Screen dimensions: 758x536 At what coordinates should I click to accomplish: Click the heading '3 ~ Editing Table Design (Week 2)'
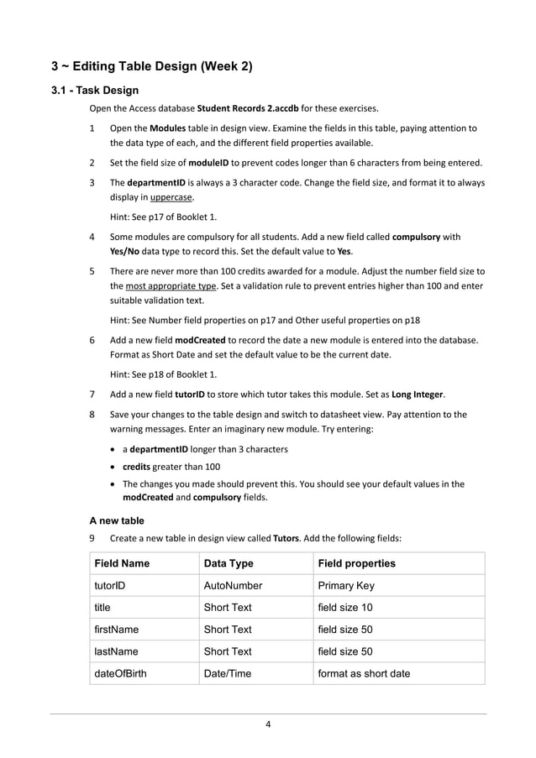point(151,65)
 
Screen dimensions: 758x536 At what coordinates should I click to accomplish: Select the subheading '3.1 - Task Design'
point(95,91)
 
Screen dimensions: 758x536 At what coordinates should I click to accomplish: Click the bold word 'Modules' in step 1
point(168,128)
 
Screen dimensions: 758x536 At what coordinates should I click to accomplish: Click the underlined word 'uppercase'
point(172,197)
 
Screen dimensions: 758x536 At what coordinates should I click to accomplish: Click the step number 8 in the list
point(92,415)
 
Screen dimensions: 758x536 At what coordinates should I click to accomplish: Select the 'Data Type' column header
point(229,563)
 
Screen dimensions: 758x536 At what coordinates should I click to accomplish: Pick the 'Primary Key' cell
point(347,586)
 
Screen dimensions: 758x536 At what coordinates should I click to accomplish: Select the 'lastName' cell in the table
point(116,651)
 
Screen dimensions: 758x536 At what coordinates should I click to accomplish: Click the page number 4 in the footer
point(267,725)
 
